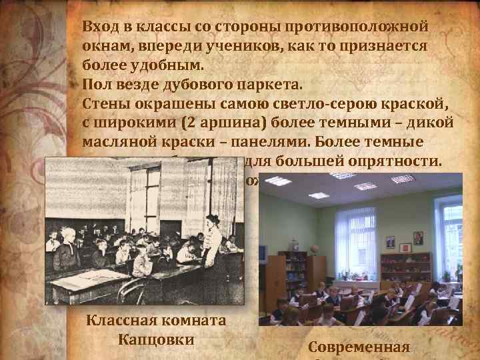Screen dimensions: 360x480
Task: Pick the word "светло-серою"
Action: (x=313, y=105)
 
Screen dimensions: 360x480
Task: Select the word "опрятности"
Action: (x=404, y=162)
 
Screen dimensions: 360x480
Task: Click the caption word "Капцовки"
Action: (x=156, y=338)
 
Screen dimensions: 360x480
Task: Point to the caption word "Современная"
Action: (x=360, y=347)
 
